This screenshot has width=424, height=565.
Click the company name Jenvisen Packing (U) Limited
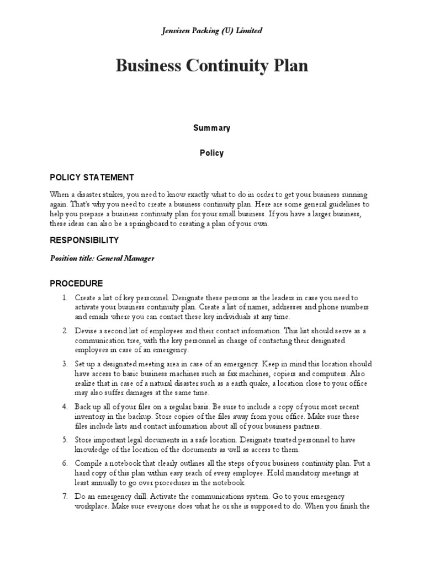pos(211,30)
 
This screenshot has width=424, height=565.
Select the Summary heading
pos(211,128)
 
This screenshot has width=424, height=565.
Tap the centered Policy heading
pos(211,153)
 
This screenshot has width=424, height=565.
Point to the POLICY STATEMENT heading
pos(92,178)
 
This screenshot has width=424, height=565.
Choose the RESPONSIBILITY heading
pos(84,241)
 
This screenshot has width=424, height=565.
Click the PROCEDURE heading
pos(76,284)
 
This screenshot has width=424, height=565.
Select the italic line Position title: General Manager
pos(102,258)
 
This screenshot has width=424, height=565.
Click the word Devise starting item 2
pos(86,331)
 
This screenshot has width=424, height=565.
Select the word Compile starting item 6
pos(88,463)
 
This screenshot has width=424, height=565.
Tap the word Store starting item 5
pos(84,440)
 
